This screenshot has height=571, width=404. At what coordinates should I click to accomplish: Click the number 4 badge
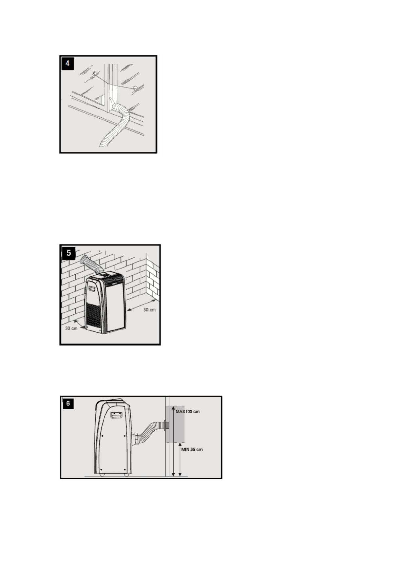tap(68, 64)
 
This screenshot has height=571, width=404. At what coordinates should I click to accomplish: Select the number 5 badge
tap(69, 253)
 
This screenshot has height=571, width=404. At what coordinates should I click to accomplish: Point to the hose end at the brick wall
tap(84, 260)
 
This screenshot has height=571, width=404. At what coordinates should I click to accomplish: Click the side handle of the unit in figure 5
tap(92, 289)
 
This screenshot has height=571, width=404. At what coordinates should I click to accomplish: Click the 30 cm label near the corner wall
tap(149, 310)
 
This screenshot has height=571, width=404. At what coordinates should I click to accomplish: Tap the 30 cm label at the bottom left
tap(71, 328)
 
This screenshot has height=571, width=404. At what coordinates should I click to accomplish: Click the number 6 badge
tap(68, 403)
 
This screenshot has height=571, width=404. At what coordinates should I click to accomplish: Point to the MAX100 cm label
tap(188, 411)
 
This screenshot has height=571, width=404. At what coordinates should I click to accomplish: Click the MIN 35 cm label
tap(192, 449)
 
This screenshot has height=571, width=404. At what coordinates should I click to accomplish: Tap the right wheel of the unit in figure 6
tap(126, 474)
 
